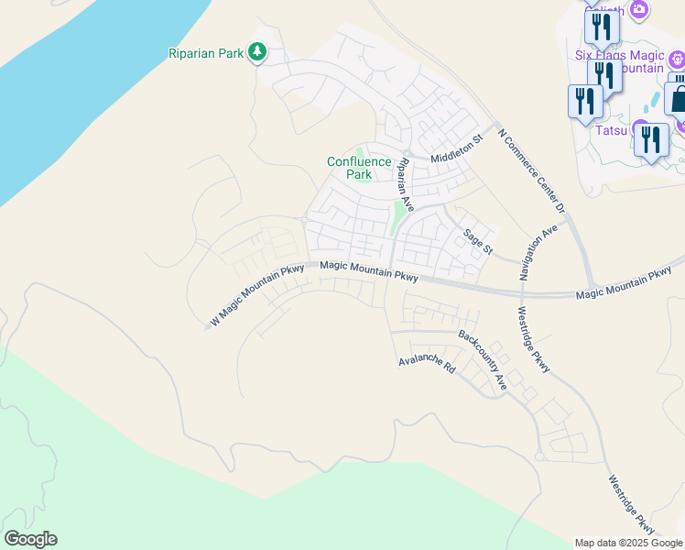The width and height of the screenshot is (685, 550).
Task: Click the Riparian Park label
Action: pyautogui.click(x=206, y=53)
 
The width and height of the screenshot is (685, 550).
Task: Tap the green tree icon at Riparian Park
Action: pyautogui.click(x=258, y=52)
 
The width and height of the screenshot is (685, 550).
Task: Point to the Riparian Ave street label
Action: pyautogui.click(x=404, y=184)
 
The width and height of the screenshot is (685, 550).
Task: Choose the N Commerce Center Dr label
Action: pyautogui.click(x=532, y=171)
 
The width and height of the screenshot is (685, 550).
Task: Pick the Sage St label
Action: pyautogui.click(x=478, y=242)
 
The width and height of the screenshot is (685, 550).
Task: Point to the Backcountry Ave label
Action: pyautogui.click(x=483, y=360)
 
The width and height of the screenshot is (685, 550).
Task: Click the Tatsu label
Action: pyautogui.click(x=611, y=130)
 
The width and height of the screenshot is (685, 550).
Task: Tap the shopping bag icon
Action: pyautogui.click(x=678, y=95)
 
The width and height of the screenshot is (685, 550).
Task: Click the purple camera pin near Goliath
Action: pyautogui.click(x=639, y=10)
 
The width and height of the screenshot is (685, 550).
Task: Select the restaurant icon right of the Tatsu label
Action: pyautogui.click(x=651, y=140)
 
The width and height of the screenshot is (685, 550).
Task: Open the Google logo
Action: pyautogui.click(x=30, y=539)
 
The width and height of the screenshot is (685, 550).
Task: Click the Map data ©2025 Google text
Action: pyautogui.click(x=628, y=543)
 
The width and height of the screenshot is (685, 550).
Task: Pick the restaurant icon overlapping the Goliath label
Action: pyautogui.click(x=602, y=26)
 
